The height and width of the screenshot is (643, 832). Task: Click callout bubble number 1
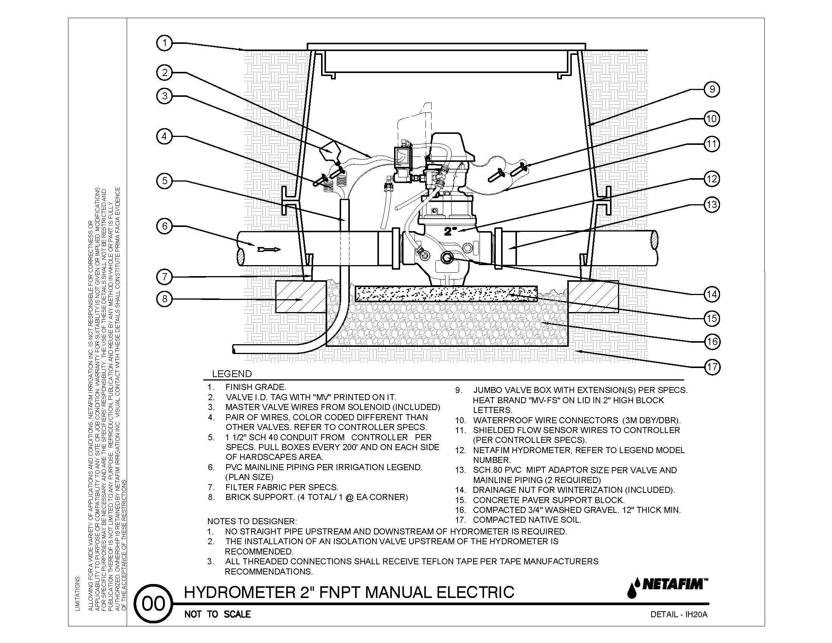[x=165, y=43]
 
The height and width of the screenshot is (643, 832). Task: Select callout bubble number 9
[x=712, y=90]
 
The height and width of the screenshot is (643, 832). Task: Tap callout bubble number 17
[x=712, y=367]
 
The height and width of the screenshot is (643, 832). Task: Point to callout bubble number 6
[x=165, y=226]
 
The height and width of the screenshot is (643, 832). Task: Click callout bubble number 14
[x=712, y=294]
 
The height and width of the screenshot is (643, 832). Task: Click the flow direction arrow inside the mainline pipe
[x=269, y=250]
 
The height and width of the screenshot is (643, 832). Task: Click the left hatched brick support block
[x=301, y=297]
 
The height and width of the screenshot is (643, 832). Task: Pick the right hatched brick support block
[x=593, y=297]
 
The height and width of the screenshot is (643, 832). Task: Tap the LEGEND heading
[x=231, y=374]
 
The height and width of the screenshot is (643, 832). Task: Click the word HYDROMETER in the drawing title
[x=239, y=593]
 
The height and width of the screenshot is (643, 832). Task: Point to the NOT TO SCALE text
[x=217, y=614]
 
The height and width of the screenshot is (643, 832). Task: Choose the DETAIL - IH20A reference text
[x=679, y=614]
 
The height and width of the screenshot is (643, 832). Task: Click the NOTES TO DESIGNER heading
[x=252, y=521]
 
